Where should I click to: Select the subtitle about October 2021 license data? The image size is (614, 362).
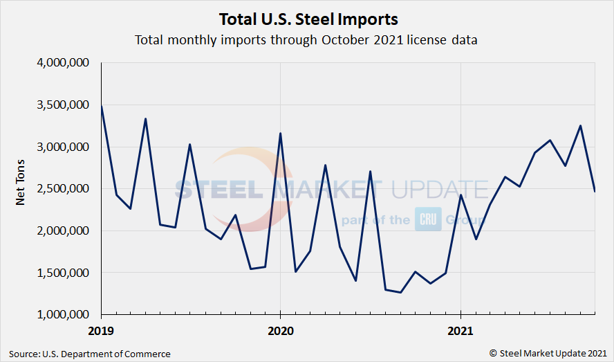click(x=306, y=39)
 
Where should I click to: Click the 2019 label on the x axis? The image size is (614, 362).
click(x=101, y=331)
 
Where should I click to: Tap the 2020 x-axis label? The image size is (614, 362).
click(x=280, y=331)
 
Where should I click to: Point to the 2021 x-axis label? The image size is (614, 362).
click(x=461, y=331)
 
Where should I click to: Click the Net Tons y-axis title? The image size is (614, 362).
click(x=21, y=188)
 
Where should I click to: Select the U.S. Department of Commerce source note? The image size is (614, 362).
click(x=90, y=354)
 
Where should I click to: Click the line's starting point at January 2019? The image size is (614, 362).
click(x=102, y=106)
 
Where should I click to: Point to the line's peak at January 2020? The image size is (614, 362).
click(x=280, y=133)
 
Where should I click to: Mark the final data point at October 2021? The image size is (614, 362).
click(x=595, y=191)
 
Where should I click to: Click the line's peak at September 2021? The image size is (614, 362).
click(x=580, y=126)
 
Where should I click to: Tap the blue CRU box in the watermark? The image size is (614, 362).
click(x=424, y=219)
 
